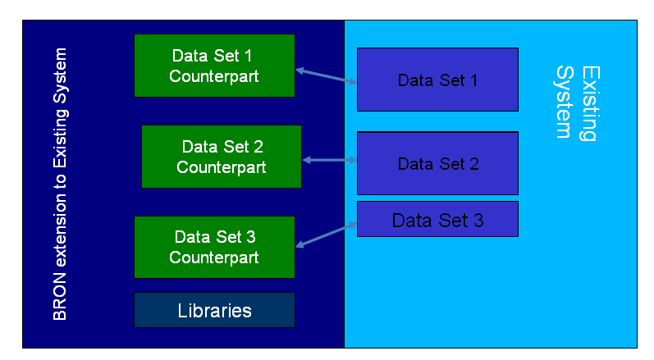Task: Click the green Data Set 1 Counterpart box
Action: click(214, 66)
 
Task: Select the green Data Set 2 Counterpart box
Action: click(222, 157)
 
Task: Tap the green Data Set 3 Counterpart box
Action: click(214, 247)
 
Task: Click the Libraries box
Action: click(214, 310)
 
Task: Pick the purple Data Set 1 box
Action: click(437, 80)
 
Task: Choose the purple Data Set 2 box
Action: click(437, 163)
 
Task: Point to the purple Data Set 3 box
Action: click(437, 219)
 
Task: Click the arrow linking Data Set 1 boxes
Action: click(326, 76)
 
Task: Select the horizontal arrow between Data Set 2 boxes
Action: click(330, 160)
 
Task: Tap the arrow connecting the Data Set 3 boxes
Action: click(326, 235)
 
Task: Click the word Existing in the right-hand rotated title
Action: click(590, 104)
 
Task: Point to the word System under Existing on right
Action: click(565, 102)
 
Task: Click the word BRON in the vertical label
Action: click(60, 296)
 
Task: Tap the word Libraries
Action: click(214, 311)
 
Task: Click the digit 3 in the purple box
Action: click(478, 221)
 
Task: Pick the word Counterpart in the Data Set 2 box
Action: click(221, 167)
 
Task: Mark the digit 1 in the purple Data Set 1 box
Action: click(473, 80)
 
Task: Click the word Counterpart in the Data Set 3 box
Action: click(214, 257)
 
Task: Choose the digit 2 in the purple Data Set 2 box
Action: click(473, 164)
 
